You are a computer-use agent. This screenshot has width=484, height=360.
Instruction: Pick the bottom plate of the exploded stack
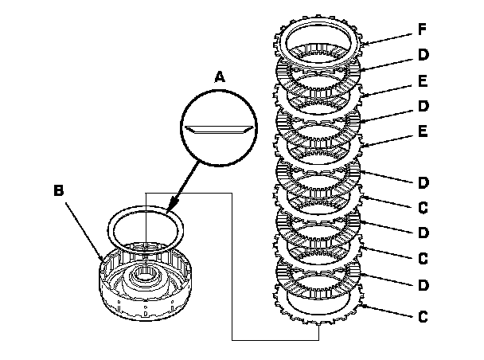(x=318, y=315)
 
